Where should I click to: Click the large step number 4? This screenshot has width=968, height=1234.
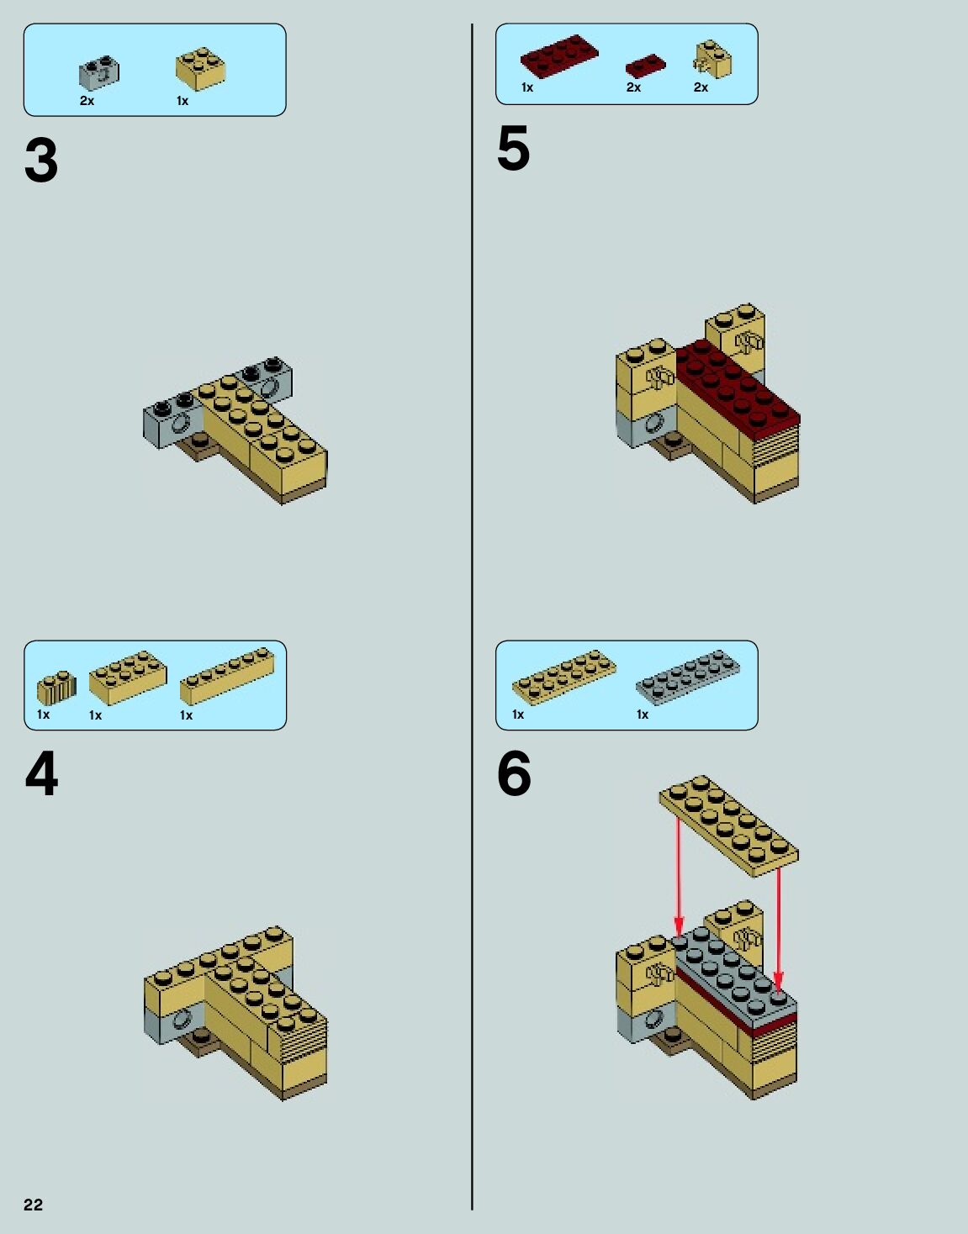(x=41, y=774)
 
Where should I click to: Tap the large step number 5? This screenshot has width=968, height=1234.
(x=514, y=148)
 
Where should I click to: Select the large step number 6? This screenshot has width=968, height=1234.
(x=514, y=773)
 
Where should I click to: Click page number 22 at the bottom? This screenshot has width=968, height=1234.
(x=33, y=1204)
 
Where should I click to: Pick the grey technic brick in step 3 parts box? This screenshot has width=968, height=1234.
(x=99, y=72)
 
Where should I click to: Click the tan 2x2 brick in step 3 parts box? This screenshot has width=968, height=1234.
(x=200, y=69)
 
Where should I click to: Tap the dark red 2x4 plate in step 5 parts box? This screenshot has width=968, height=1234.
(x=559, y=55)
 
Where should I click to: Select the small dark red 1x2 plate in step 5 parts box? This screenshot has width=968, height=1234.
(x=645, y=66)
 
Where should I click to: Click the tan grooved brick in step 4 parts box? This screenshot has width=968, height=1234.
(x=56, y=688)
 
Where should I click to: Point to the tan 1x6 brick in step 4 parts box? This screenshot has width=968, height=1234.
(x=227, y=676)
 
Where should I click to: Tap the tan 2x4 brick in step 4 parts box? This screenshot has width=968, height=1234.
(x=128, y=678)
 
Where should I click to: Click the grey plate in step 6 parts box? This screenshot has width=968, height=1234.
(x=687, y=678)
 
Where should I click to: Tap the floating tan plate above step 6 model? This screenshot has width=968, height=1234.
(x=729, y=825)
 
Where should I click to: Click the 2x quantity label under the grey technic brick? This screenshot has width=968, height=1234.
(x=87, y=101)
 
